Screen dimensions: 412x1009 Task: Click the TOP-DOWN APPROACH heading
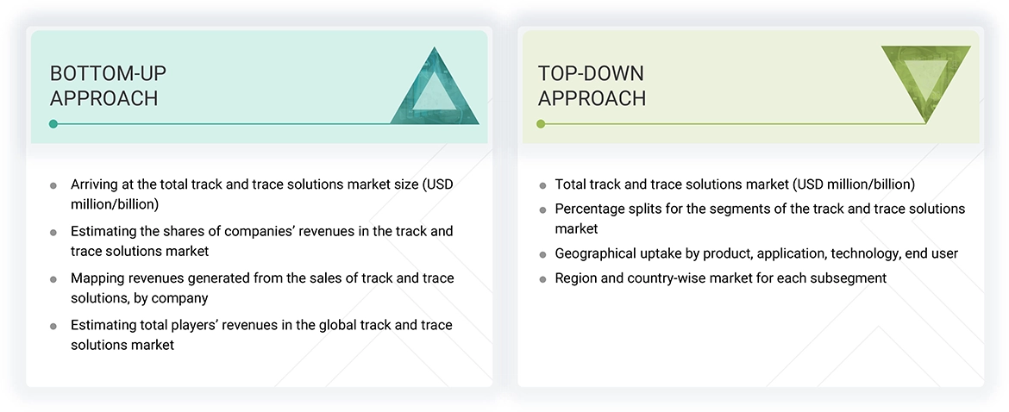[x=592, y=85]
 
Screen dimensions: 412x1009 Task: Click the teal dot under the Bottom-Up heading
[x=53, y=124]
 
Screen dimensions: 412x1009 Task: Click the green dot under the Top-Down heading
[x=541, y=124]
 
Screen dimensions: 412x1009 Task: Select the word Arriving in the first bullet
[x=96, y=184]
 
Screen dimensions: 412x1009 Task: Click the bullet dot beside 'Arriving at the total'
[x=53, y=185]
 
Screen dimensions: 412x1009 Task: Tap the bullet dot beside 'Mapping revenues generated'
[x=53, y=278]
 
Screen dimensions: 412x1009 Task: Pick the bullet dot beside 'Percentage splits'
[x=542, y=209]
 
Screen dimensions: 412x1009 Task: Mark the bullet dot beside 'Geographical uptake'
[x=542, y=254]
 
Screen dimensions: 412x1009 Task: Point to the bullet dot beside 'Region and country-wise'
[x=542, y=278]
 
